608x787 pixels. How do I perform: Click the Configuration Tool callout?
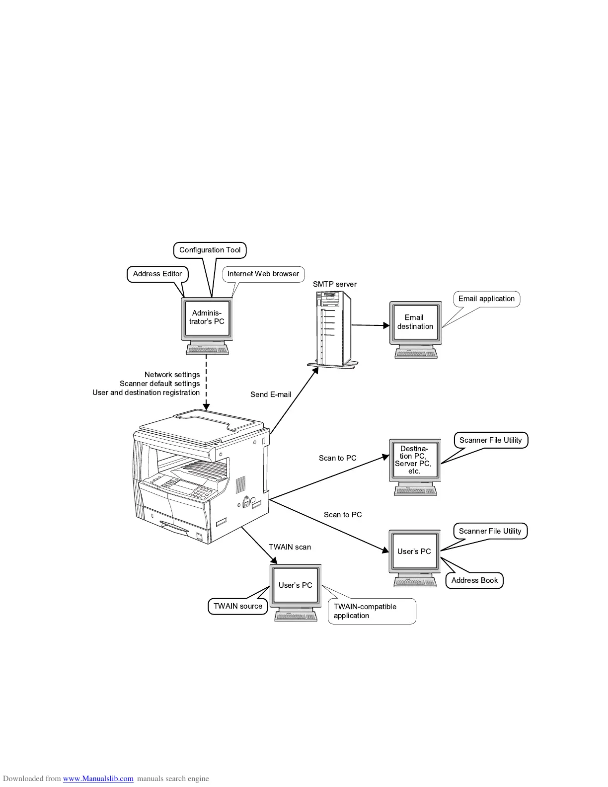(210, 250)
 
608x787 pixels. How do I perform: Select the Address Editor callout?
(157, 274)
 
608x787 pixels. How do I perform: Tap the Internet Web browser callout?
(263, 274)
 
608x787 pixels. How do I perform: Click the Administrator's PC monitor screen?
(208, 317)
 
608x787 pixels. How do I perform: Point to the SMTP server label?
(334, 284)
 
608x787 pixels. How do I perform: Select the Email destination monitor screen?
(415, 322)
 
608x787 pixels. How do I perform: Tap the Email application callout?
(486, 299)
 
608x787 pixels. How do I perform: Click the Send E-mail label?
(271, 394)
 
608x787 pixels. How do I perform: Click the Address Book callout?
(474, 580)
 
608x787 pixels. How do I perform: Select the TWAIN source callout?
(237, 606)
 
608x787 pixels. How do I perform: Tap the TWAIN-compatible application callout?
(371, 611)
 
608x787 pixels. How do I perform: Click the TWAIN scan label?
(290, 547)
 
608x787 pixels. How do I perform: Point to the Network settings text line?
(172, 375)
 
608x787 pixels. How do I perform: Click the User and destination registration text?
(146, 393)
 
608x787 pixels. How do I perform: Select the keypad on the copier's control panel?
(203, 492)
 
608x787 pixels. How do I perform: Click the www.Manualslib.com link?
(98, 779)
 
